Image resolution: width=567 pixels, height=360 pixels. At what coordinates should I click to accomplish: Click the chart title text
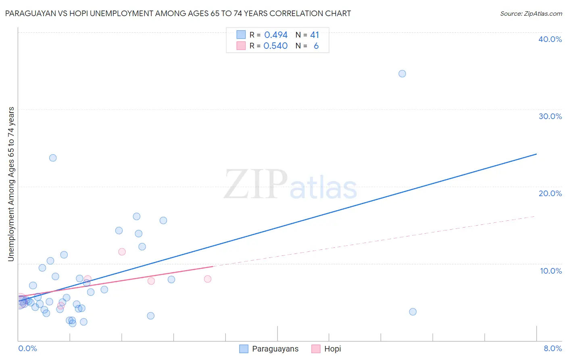point(178,13)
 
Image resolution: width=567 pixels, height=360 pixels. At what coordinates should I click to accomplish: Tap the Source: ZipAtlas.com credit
point(531,13)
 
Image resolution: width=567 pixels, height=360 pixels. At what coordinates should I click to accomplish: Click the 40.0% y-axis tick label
point(550,39)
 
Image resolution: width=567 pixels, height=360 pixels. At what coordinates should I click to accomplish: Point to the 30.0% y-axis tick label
point(550,116)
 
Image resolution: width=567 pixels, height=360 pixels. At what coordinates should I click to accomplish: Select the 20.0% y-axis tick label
point(550,193)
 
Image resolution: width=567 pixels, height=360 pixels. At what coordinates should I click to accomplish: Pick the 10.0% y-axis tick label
point(551,271)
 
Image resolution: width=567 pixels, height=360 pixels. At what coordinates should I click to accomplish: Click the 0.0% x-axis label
point(28,348)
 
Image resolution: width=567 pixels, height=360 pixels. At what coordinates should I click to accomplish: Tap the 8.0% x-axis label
point(552,348)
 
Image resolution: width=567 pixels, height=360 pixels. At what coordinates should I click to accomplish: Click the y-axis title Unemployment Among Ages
point(11,184)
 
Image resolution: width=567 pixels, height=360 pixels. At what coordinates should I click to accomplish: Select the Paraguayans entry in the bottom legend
point(275,349)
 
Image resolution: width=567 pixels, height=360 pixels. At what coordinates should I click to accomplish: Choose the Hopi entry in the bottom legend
point(332,349)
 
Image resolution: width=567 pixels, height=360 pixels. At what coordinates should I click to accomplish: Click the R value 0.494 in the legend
point(276,35)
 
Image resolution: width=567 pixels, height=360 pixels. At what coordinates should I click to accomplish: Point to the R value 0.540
point(275,46)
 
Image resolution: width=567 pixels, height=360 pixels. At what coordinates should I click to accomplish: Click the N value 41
point(315,35)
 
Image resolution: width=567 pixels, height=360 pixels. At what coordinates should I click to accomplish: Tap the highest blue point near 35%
point(402,73)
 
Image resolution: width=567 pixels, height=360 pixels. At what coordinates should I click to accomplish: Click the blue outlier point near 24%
point(53,158)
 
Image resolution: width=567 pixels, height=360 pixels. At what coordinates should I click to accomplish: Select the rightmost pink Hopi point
point(208,279)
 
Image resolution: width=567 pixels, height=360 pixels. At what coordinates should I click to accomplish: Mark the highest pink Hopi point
point(122,252)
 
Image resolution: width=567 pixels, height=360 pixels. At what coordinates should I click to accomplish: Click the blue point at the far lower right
point(413,312)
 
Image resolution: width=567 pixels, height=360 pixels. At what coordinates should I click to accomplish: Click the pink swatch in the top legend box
point(241,46)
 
